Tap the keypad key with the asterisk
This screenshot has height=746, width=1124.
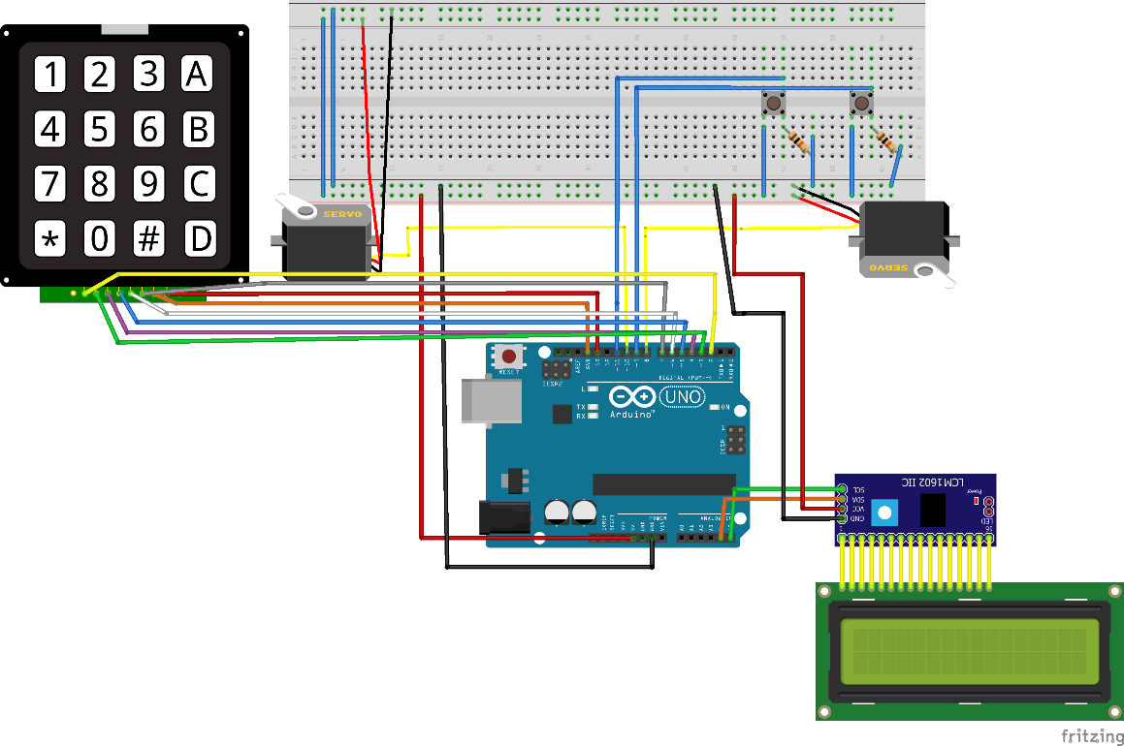51,238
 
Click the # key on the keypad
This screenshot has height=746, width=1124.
148,238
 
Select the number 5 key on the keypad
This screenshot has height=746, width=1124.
99,128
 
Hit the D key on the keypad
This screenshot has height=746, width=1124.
198,238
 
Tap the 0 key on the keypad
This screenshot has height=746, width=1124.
99,238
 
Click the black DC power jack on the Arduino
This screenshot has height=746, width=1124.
504,517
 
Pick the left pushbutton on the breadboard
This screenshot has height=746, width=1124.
774,103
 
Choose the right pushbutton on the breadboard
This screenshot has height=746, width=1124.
860,103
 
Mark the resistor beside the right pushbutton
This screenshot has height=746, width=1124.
885,141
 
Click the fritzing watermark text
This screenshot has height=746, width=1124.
1089,735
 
